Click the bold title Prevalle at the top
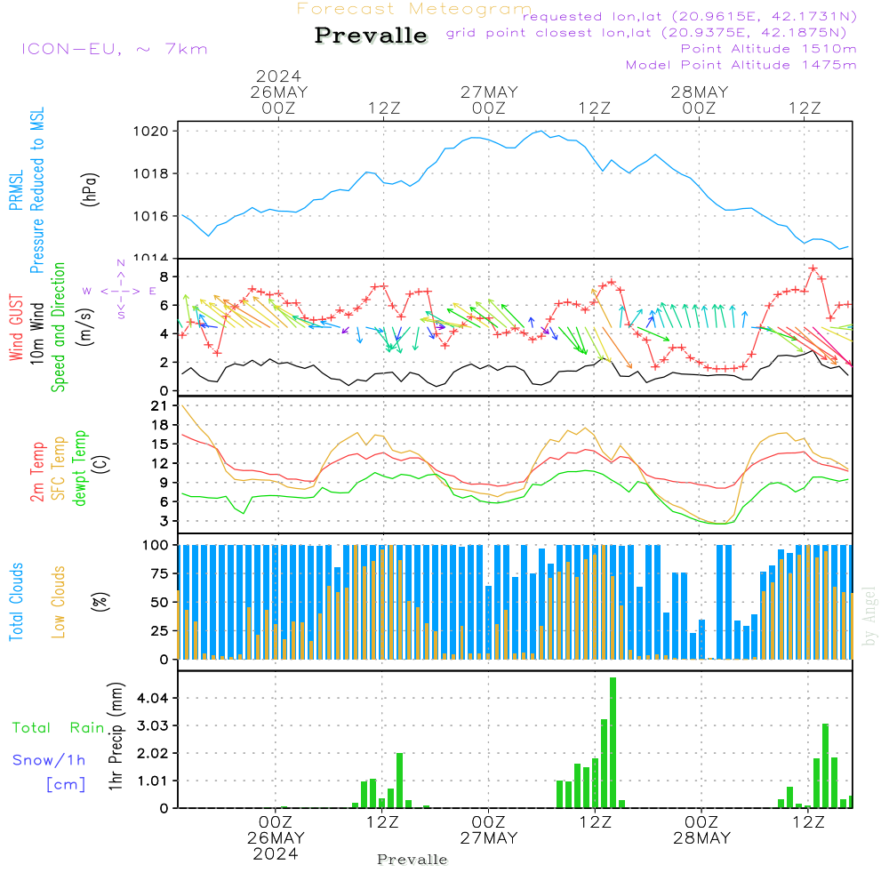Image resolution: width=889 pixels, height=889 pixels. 371,36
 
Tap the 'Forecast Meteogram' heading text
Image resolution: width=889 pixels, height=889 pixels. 414,9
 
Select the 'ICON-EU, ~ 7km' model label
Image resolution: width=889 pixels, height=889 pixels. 114,49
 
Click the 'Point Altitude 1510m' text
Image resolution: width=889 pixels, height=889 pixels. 768,49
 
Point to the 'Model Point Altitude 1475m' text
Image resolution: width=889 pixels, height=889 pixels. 741,65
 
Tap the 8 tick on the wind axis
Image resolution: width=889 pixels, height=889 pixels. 164,276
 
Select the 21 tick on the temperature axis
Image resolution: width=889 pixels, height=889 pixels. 160,406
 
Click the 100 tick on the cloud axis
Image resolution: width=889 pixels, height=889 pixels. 156,545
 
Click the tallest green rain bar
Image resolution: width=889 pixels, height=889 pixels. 613,742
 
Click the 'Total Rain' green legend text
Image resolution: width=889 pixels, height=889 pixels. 59,728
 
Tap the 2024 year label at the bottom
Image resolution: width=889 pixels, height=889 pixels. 275,854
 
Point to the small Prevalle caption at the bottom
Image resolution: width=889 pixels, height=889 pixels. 412,860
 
